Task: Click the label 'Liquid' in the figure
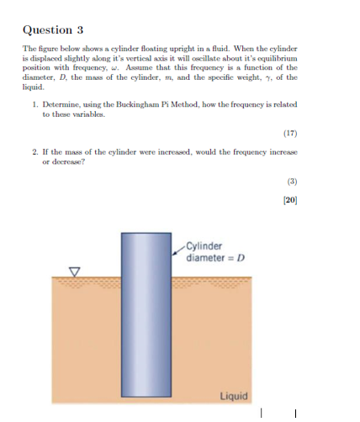pos(233,395)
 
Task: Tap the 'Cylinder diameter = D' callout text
pos(208,251)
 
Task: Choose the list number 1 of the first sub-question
pos(33,128)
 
